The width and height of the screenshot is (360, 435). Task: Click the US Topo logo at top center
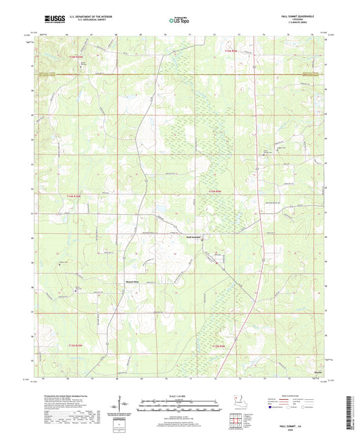pyautogui.click(x=179, y=20)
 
